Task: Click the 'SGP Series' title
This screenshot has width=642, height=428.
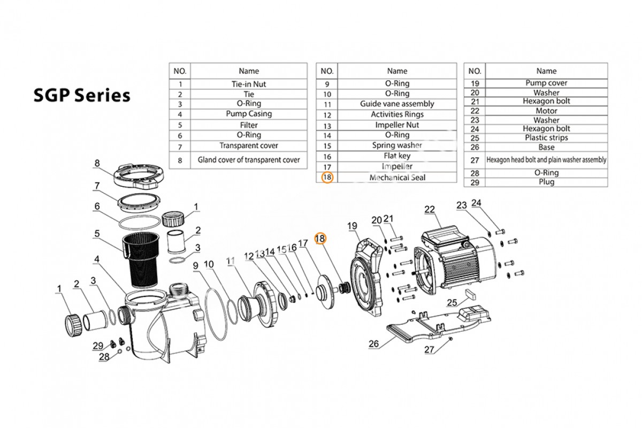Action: (x=82, y=95)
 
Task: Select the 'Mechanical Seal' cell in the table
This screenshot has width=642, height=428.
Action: (x=397, y=178)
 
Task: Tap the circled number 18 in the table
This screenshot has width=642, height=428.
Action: (x=327, y=178)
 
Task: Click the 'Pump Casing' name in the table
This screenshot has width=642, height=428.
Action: (x=249, y=114)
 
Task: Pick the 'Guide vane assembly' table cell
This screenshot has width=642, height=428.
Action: (x=397, y=104)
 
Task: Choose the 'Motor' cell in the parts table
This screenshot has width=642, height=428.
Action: (x=546, y=111)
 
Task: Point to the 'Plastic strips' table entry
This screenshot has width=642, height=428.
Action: (x=546, y=137)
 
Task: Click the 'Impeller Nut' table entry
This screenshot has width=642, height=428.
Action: (x=397, y=125)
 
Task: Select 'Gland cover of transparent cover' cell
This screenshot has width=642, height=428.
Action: (x=249, y=159)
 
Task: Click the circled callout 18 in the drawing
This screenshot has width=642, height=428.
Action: (x=320, y=238)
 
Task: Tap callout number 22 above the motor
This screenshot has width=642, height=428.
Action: (x=429, y=210)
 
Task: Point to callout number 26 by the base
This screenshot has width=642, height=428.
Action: (x=374, y=343)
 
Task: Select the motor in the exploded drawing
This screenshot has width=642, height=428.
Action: (x=456, y=257)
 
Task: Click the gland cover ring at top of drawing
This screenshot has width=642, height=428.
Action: (x=139, y=175)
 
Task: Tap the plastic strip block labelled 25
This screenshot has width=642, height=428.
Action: (x=470, y=294)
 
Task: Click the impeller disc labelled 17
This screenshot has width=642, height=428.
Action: (x=325, y=292)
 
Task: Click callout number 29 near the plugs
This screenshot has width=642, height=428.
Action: (x=98, y=346)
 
